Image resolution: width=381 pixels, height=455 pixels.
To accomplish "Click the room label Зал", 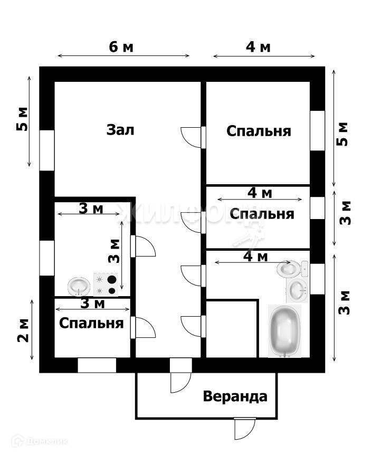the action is click(x=120, y=129).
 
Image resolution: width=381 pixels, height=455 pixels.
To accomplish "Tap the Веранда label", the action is click(x=235, y=396).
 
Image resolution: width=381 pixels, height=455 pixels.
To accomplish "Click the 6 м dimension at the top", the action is click(x=121, y=47).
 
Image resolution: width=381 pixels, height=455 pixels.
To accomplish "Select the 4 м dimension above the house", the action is click(x=259, y=47).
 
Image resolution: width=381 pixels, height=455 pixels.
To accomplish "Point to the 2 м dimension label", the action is click(x=23, y=331).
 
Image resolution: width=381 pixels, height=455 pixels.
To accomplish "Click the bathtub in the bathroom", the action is click(x=285, y=330).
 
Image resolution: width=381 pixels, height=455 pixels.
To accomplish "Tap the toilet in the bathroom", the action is click(x=290, y=269).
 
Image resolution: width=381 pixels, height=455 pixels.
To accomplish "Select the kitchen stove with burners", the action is click(x=106, y=284).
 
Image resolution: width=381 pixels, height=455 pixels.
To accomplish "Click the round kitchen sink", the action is click(x=79, y=287).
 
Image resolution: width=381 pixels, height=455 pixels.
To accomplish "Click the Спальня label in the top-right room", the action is click(x=259, y=130).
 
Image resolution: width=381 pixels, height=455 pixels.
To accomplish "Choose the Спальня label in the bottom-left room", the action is click(x=91, y=323).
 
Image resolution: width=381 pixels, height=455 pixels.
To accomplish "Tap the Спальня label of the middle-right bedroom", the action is click(x=262, y=214).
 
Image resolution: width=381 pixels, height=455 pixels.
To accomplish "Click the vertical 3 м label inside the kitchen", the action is click(x=114, y=251).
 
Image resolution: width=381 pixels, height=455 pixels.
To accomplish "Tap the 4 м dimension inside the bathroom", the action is click(x=255, y=257).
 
